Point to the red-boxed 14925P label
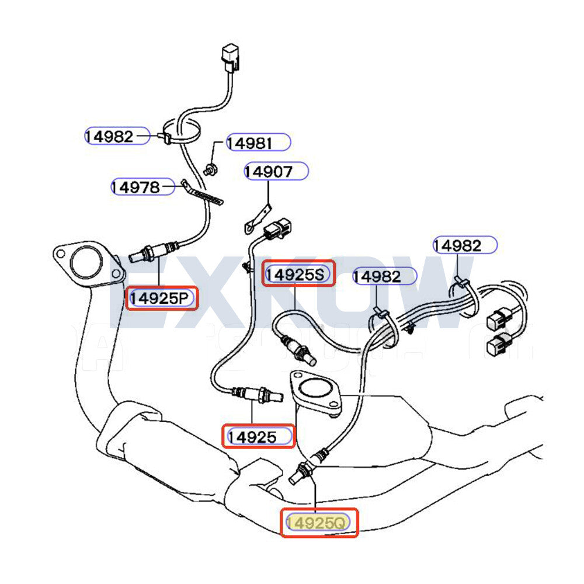pos(162,298)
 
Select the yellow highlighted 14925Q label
pos(318,523)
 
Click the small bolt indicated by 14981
pos(210,170)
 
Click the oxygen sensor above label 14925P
pos(152,251)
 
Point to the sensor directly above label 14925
pos(257,395)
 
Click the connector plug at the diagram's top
pos(230,59)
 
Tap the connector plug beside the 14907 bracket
pos(277,229)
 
